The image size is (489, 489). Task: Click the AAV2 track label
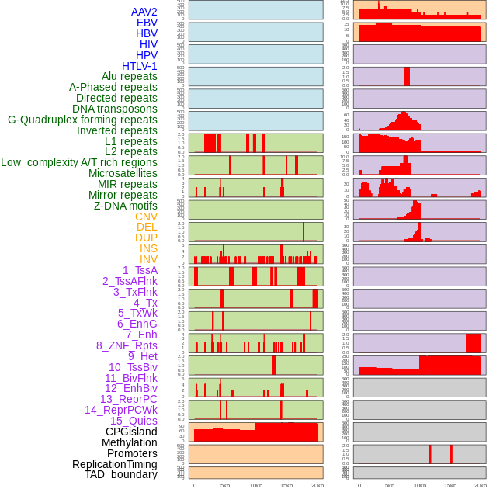click(x=144, y=12)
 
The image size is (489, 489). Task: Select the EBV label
click(x=147, y=23)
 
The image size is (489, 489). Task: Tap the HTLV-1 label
click(x=140, y=66)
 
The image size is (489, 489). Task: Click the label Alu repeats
click(x=130, y=77)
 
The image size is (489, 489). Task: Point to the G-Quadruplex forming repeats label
click(x=82, y=120)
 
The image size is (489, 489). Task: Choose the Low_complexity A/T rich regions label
click(x=79, y=162)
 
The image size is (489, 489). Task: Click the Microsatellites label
click(x=123, y=173)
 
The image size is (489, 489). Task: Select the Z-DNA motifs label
click(x=126, y=206)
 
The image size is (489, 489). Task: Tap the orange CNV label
click(x=146, y=217)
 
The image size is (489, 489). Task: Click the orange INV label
click(x=148, y=259)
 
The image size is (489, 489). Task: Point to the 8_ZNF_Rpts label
click(x=127, y=345)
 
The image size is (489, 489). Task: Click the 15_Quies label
click(x=134, y=421)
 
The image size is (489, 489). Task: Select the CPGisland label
click(x=131, y=432)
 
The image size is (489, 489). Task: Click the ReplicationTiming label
click(x=115, y=464)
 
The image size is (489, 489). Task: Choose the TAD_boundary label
click(x=121, y=474)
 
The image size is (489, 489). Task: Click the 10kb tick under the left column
click(x=256, y=485)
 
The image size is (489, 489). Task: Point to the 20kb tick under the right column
click(x=480, y=485)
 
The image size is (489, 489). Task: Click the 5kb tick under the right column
click(x=389, y=485)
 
